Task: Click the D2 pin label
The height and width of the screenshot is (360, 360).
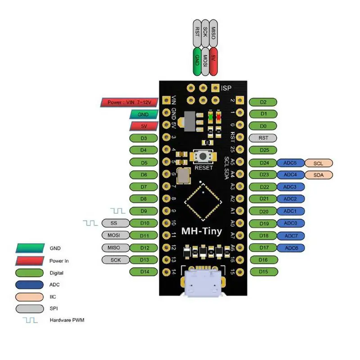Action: coord(263,102)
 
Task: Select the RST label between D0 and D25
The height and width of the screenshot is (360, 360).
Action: coord(263,138)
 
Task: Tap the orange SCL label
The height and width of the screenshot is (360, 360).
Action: coord(319,162)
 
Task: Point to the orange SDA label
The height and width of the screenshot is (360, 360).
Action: coord(319,175)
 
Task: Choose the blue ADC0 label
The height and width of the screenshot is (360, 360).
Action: coord(291,223)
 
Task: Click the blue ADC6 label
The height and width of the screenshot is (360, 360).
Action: coord(291,247)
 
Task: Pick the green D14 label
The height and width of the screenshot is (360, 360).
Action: coord(144,271)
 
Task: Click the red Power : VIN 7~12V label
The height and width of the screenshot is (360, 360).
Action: coord(128,102)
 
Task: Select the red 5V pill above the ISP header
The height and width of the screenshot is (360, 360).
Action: coord(214,63)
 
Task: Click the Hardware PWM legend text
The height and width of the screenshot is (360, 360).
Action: coord(67,320)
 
